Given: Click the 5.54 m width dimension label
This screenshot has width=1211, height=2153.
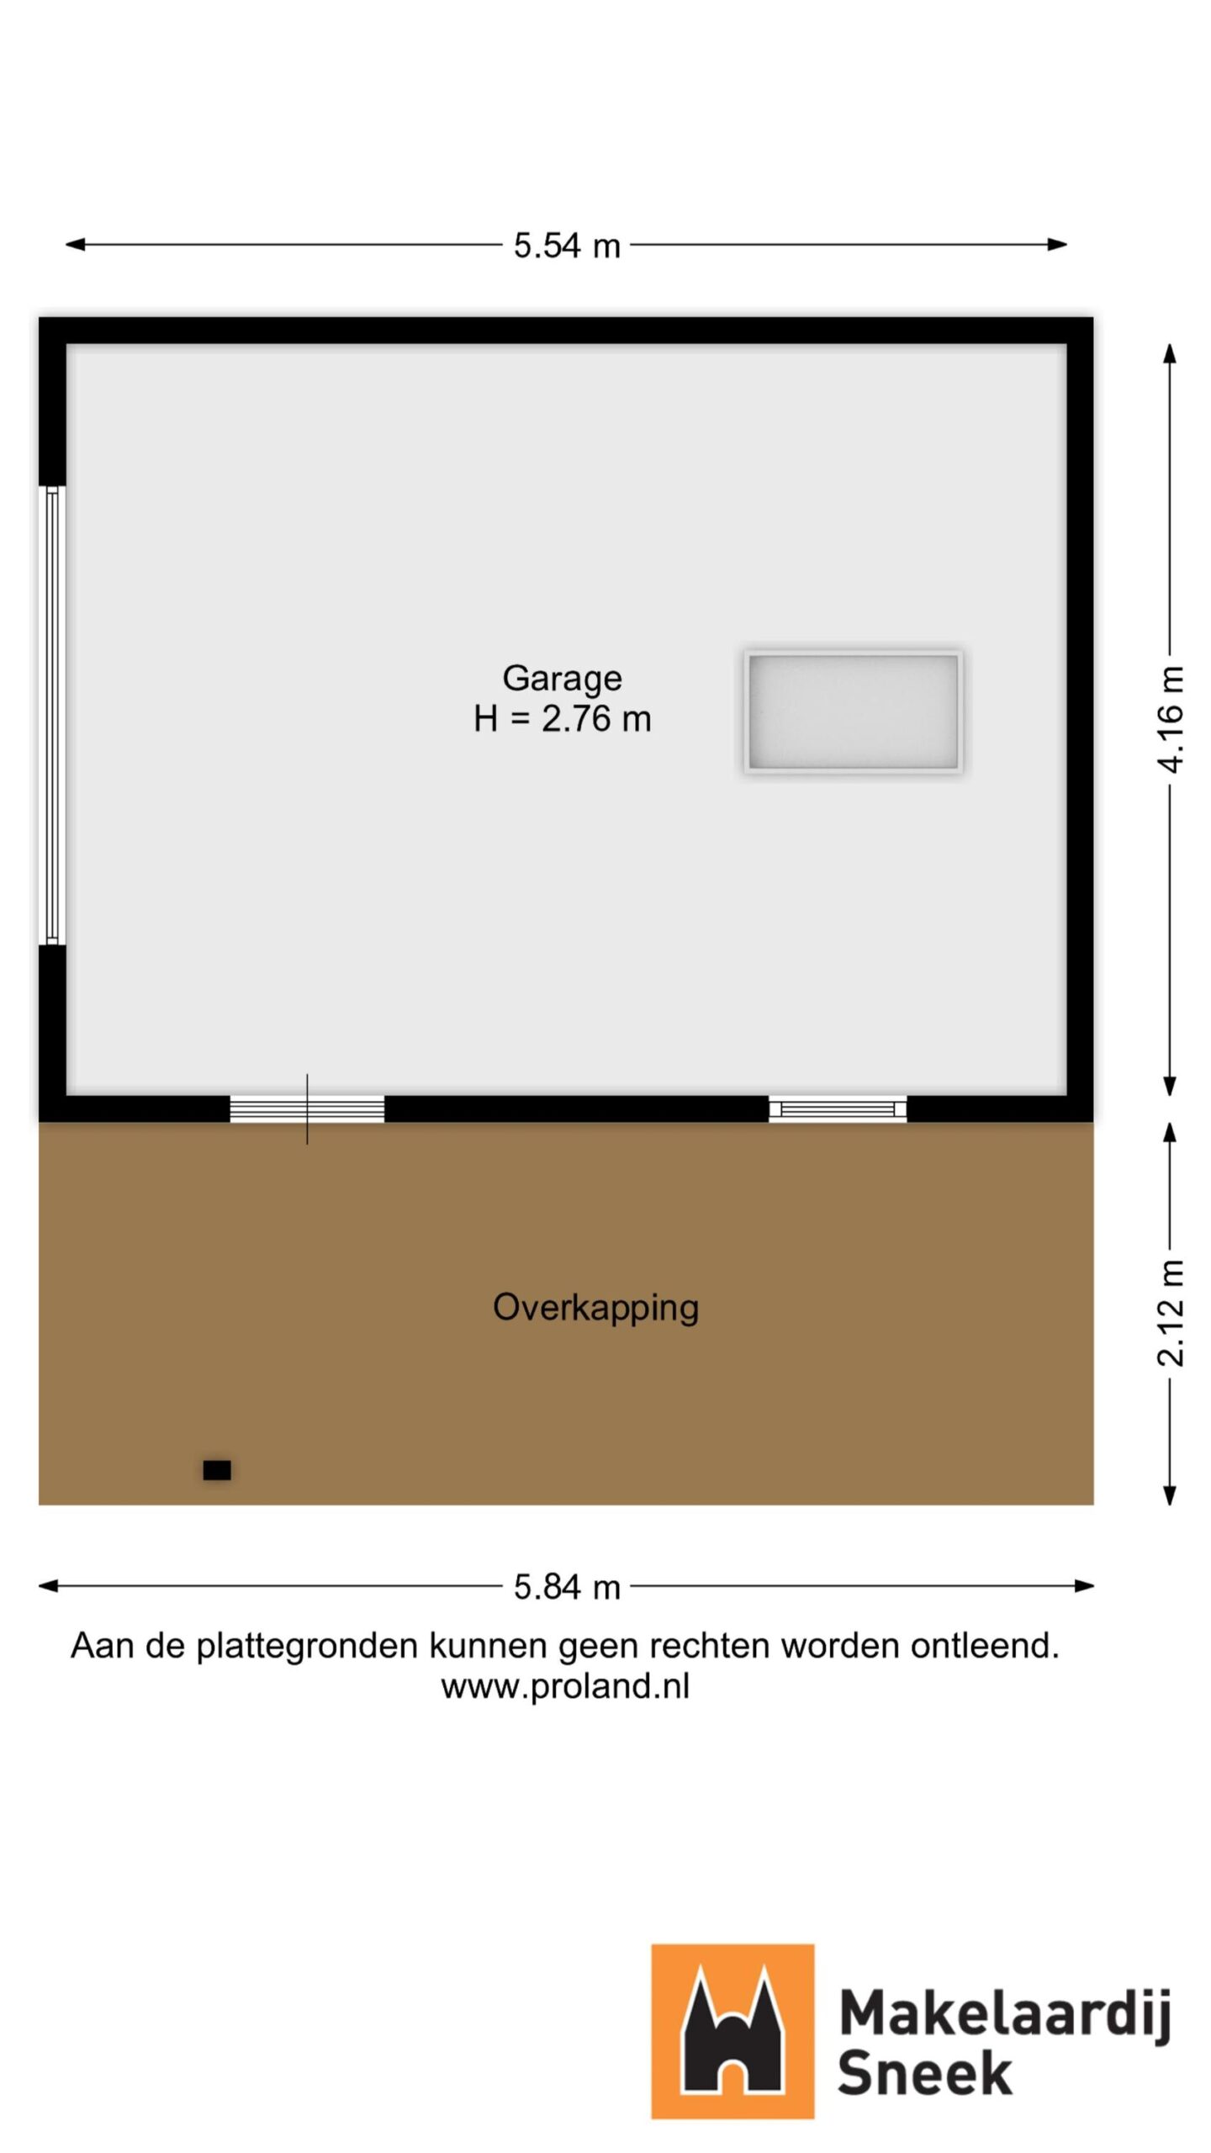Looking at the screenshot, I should tap(566, 246).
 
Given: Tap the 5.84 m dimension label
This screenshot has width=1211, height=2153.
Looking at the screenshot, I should tap(566, 1587).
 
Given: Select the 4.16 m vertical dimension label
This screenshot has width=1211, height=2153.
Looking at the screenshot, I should tap(1170, 719).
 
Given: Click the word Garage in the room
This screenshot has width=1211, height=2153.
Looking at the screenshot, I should tap(562, 678).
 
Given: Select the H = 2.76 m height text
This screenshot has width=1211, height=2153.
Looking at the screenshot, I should tap(562, 719).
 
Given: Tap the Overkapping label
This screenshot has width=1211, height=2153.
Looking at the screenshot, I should tap(595, 1307).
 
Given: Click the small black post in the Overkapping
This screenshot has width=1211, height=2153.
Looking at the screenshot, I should tap(217, 1470).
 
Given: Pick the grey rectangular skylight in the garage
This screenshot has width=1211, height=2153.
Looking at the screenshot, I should tap(853, 711).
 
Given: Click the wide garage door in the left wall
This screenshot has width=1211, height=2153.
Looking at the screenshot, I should tap(52, 715).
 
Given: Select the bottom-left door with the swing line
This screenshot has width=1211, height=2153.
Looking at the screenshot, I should tap(307, 1108).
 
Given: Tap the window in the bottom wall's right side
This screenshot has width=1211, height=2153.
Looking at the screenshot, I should tap(838, 1108).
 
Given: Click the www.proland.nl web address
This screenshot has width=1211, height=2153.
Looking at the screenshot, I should tap(565, 1685).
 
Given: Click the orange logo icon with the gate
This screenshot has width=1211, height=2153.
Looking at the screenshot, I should tap(732, 2030).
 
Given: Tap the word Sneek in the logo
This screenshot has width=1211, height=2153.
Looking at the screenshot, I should tap(924, 2072).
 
